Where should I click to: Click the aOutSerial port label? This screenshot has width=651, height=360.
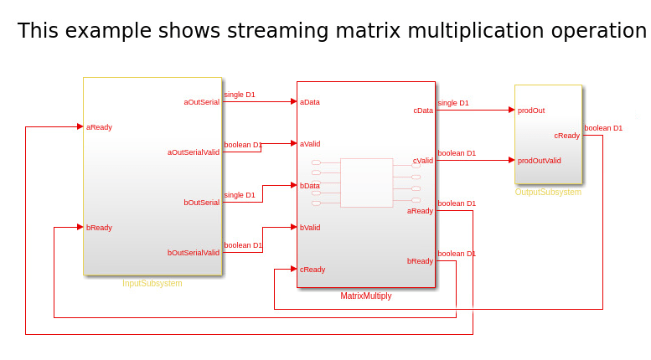click(201, 102)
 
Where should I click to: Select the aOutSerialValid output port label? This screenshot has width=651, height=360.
click(193, 152)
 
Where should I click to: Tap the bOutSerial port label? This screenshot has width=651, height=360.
click(201, 203)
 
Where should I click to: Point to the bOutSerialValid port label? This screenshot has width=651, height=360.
click(193, 253)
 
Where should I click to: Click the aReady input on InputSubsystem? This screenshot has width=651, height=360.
click(99, 127)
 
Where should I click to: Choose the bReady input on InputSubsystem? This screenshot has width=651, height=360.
click(99, 228)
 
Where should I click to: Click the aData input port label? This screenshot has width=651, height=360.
click(310, 102)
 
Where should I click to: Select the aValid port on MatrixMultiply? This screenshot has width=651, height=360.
click(310, 144)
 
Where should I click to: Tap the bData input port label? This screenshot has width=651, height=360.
click(310, 186)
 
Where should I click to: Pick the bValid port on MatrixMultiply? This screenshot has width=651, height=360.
click(310, 228)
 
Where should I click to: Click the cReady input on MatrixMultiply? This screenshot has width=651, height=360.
click(313, 270)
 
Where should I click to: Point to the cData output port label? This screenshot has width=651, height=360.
click(423, 111)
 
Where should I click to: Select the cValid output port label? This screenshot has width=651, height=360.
click(423, 161)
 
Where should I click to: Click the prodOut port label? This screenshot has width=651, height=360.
click(531, 111)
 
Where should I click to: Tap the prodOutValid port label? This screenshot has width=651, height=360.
click(539, 161)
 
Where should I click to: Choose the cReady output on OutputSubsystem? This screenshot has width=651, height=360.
click(567, 136)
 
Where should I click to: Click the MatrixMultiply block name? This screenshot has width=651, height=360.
click(366, 296)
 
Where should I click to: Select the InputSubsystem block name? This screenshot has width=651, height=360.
click(152, 284)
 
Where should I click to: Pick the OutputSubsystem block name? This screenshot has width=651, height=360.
click(548, 193)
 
